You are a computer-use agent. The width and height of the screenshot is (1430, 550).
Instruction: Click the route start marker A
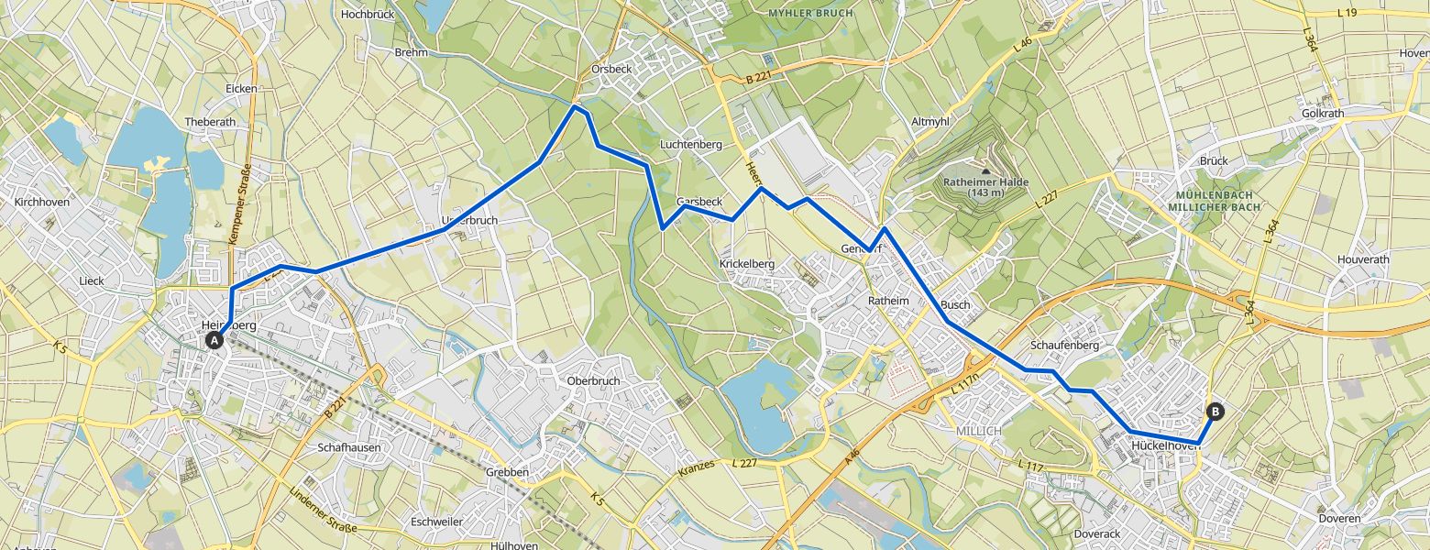pos(214,341)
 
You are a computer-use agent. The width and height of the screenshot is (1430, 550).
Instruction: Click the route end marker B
pos(1215,412)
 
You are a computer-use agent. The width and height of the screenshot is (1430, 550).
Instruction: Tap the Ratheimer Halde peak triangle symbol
pos(985,170)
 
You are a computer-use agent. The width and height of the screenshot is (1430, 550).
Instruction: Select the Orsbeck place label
pos(610,69)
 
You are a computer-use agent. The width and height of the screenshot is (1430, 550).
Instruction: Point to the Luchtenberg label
pos(691,145)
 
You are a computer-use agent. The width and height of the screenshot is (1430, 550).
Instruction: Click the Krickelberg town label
pos(746,264)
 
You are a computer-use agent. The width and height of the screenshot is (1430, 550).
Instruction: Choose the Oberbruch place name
pos(594,381)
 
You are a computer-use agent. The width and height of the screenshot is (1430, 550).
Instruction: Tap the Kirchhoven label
pos(42,202)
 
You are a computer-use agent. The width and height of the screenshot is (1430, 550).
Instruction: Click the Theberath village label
pos(210,122)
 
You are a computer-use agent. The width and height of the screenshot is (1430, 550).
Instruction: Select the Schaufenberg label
pos(1064,346)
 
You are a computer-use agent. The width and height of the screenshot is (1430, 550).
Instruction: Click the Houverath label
pos(1363,260)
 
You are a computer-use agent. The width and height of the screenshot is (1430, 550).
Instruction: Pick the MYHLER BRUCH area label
pos(810,14)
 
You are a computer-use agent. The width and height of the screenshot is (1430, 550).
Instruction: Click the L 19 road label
pos(1346,13)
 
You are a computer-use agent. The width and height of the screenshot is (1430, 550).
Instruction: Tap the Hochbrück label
pos(367,15)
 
